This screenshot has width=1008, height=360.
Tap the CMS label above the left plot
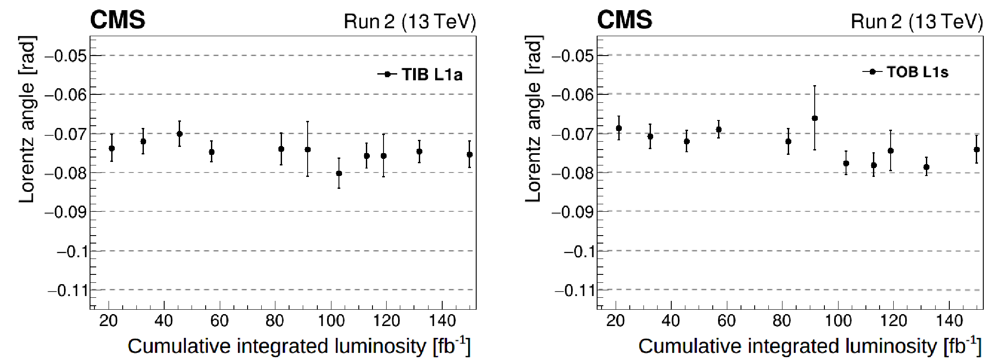[117, 20]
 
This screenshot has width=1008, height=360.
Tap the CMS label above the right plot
[624, 20]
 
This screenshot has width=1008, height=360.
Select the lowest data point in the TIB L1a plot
[339, 173]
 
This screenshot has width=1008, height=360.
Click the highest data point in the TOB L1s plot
[815, 118]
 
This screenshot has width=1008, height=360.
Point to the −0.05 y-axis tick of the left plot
[66, 56]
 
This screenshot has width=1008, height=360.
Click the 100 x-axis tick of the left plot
[331, 321]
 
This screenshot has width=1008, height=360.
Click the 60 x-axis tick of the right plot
[726, 321]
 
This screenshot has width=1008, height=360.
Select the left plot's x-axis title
[299, 346]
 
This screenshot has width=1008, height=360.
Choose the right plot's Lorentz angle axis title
[533, 119]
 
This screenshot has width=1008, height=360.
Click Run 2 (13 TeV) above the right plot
[917, 21]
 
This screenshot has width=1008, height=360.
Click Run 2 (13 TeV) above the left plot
[410, 21]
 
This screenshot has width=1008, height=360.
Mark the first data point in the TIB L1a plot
[112, 148]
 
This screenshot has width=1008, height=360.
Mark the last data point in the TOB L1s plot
[977, 150]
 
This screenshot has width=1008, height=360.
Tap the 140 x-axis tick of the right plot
[949, 321]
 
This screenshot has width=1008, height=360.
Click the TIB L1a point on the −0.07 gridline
[180, 134]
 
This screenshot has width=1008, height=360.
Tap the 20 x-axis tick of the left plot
[108, 321]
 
